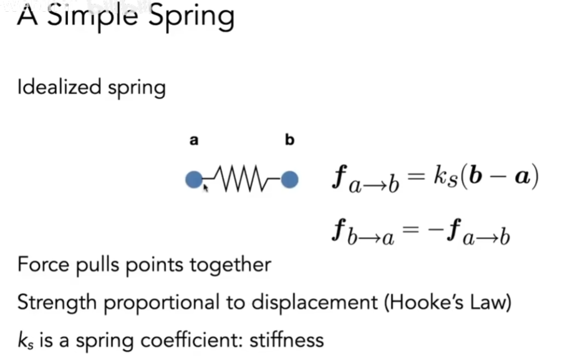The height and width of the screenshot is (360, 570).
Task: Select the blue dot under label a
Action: click(x=194, y=180)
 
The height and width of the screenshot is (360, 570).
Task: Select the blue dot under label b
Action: click(x=289, y=180)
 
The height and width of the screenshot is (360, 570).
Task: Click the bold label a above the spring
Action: click(x=194, y=141)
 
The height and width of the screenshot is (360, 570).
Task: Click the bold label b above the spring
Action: click(x=289, y=140)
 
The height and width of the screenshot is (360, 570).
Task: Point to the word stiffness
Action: click(x=287, y=340)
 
